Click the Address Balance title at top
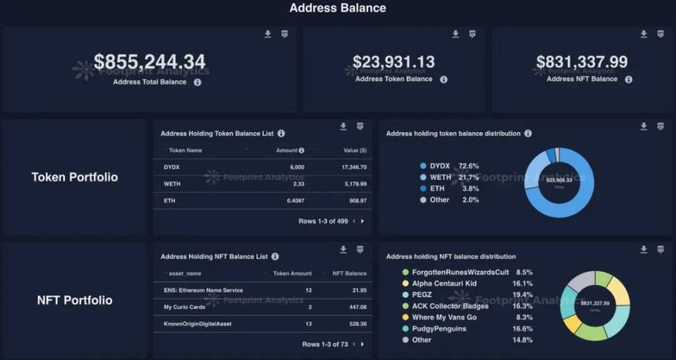[337, 8]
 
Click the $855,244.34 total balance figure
[150, 62]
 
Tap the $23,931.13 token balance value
[394, 62]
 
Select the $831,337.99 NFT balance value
[581, 62]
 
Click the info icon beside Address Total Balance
[198, 82]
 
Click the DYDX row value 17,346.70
[354, 167]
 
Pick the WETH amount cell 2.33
[298, 183]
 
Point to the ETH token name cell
[170, 200]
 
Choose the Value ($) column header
[355, 150]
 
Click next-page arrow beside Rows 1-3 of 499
[362, 221]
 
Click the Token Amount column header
[292, 273]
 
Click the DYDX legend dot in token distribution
[423, 166]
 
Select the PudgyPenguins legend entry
[440, 329]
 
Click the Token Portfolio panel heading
[74, 177]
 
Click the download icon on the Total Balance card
[268, 34]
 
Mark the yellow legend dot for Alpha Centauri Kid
[405, 284]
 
